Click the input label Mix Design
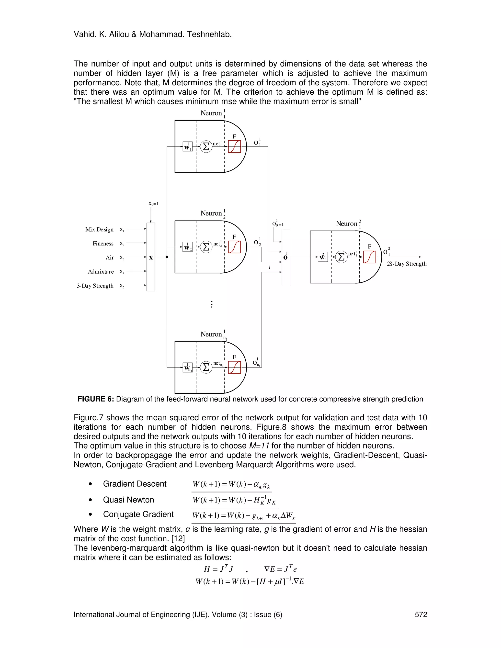99,230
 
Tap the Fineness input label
103,244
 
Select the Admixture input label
101,271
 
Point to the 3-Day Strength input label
95,286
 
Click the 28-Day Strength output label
407,264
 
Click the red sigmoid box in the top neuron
234,146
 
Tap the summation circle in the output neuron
341,257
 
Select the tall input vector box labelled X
151,257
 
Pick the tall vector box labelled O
285,257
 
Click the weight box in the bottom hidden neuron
188,368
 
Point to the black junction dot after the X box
167,257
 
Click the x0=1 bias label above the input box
153,204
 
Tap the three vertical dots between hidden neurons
212,304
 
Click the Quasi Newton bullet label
128,500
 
